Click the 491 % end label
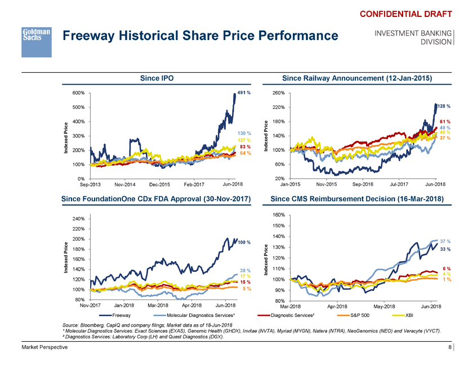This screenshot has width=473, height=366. click(243, 92)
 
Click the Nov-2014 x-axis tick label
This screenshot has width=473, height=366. click(126, 184)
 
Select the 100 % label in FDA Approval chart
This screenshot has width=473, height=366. click(244, 243)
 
